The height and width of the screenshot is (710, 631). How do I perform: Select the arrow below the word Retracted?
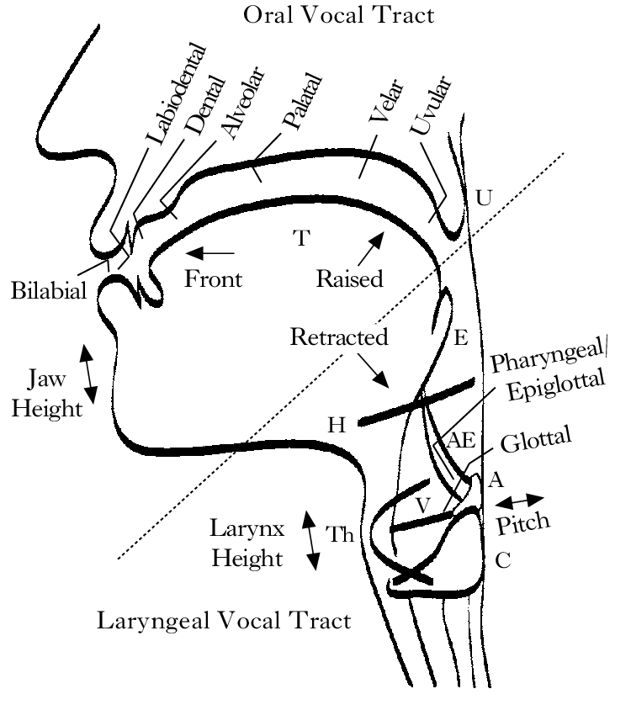pyautogui.click(x=372, y=371)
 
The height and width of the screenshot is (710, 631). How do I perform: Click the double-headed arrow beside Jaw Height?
pyautogui.click(x=87, y=373)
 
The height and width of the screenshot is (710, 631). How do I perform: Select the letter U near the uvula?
pyautogui.click(x=484, y=199)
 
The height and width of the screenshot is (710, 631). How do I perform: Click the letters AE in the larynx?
pyautogui.click(x=461, y=439)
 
